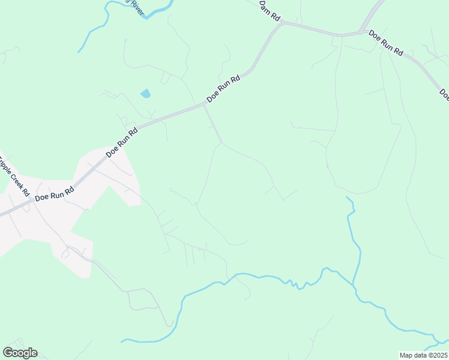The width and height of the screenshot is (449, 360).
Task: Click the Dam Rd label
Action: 270,11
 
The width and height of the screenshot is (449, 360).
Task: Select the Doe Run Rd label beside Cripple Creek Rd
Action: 54,193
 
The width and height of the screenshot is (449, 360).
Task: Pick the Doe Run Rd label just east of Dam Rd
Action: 385,43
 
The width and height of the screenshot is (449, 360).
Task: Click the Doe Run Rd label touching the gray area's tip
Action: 122,142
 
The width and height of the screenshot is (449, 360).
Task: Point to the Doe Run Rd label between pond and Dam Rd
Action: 223,88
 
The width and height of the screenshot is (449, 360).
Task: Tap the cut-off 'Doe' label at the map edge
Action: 444,94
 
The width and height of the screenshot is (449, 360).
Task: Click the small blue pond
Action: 145,94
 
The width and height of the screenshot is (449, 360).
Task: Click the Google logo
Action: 20,352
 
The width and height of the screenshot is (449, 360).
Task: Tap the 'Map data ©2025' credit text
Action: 424,355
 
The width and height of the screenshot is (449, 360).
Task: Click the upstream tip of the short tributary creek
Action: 347,197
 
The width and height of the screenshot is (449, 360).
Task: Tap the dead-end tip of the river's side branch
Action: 78,52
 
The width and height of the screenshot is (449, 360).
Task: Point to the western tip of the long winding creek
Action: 122,341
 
